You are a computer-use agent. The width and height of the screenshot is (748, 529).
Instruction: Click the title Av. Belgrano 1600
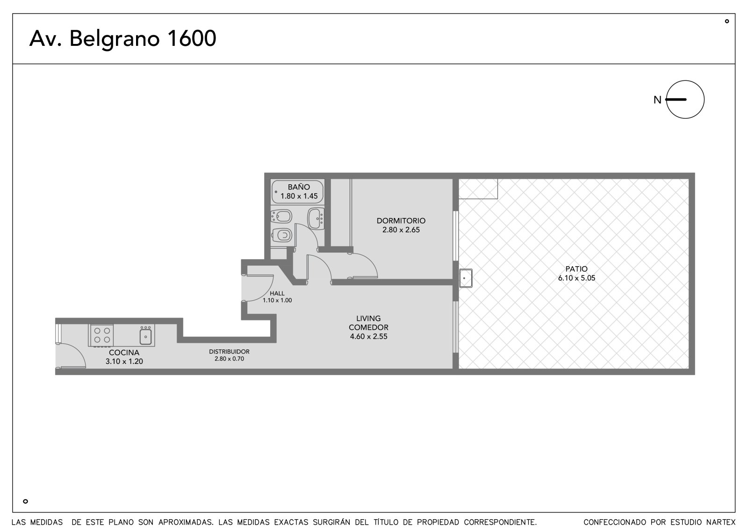click(122, 39)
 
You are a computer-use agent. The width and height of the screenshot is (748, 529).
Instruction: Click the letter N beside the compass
click(657, 100)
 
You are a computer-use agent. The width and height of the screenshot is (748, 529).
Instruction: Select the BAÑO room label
click(299, 187)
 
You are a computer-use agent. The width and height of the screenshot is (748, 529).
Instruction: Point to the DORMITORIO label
click(401, 221)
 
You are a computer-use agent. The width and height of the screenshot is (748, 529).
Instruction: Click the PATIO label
click(576, 268)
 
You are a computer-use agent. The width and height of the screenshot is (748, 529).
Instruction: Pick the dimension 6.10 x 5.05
click(577, 278)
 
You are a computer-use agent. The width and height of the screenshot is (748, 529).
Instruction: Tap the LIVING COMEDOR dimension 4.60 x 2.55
click(369, 336)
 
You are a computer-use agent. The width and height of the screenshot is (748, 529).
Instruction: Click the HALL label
click(277, 293)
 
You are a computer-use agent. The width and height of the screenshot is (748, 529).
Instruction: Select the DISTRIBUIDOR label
click(230, 352)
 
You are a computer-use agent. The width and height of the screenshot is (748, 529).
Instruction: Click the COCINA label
click(124, 353)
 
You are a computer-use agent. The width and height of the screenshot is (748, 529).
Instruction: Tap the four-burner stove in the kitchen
click(102, 335)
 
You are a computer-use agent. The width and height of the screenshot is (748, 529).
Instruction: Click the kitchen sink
click(145, 336)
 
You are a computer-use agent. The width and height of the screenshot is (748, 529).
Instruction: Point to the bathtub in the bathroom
click(297, 192)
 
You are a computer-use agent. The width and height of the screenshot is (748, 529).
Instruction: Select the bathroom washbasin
click(316, 218)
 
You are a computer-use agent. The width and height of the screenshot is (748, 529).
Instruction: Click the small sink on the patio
click(466, 278)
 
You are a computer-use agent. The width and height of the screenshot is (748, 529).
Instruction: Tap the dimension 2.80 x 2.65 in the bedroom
click(401, 230)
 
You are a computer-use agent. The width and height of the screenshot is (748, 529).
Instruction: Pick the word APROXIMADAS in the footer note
click(186, 522)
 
